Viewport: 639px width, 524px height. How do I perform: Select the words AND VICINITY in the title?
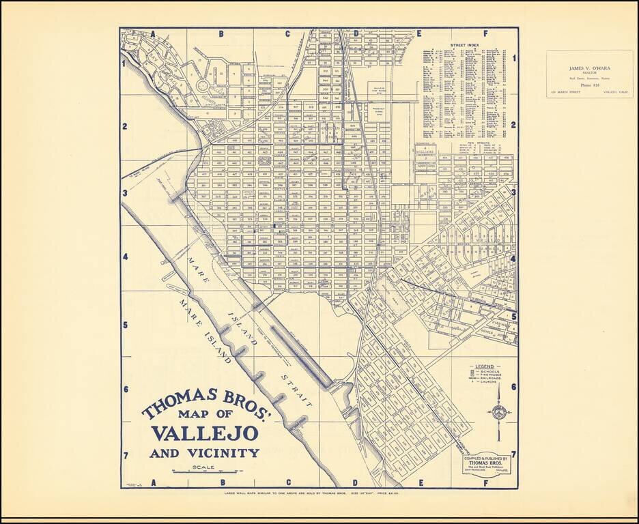[x=205, y=453]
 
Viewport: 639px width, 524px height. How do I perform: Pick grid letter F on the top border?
[x=485, y=33]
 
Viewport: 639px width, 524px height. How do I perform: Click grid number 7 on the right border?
[x=513, y=454]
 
